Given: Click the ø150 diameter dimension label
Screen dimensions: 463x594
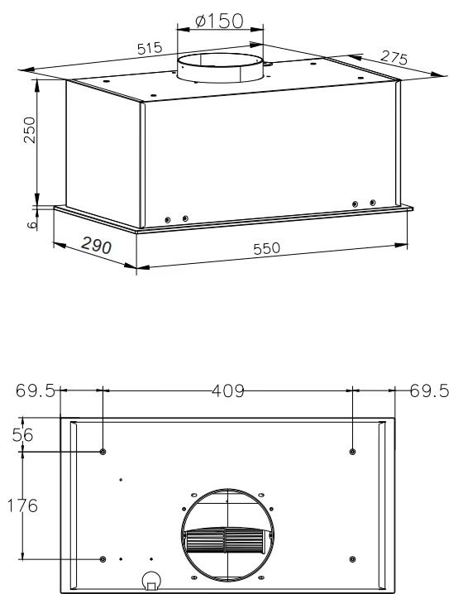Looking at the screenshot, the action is [219, 21].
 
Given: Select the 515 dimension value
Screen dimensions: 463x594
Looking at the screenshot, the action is [150, 49].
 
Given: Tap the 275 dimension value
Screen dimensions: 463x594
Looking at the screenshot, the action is [394, 58].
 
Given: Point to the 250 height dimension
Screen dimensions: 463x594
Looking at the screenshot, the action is [30, 130].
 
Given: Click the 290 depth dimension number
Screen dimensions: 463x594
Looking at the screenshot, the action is [96, 246].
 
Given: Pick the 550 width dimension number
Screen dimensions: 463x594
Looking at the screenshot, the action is [266, 248].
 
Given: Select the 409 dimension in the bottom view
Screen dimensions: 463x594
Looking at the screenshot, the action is [228, 391].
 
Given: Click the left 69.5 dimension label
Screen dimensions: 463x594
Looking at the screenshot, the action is [36, 390].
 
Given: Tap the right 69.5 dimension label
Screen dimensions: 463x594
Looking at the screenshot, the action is [429, 390].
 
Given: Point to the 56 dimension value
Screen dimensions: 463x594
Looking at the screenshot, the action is [22, 434].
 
